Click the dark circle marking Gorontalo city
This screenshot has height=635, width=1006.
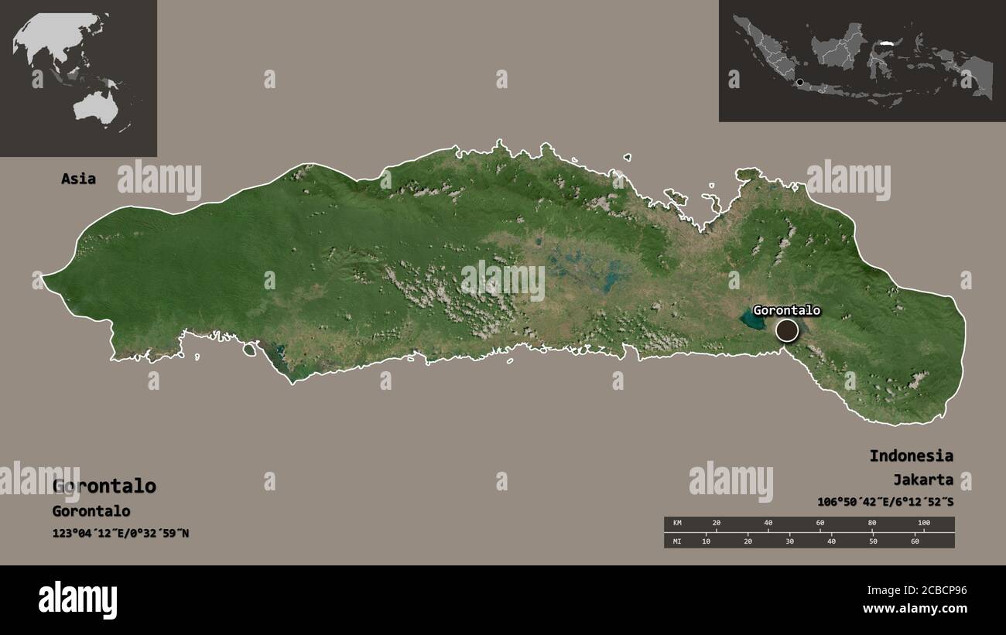(787, 330)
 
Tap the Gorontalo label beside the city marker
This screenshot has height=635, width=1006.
(786, 310)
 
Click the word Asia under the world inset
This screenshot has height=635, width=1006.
(79, 179)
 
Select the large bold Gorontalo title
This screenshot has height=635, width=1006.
(104, 486)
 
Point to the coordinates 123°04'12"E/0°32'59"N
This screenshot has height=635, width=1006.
(121, 534)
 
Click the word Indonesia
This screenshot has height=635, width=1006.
(911, 456)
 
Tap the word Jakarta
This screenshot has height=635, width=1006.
(922, 480)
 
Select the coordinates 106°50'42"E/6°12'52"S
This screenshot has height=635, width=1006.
(885, 502)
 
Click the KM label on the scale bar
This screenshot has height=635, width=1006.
(678, 524)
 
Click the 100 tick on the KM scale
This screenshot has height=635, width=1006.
(923, 524)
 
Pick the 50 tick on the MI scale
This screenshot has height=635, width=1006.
(873, 541)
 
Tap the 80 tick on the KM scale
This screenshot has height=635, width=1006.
(872, 524)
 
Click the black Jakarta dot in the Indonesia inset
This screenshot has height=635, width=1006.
(799, 81)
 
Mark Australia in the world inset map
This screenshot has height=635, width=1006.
(95, 108)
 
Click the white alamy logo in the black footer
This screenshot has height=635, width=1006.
(78, 599)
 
